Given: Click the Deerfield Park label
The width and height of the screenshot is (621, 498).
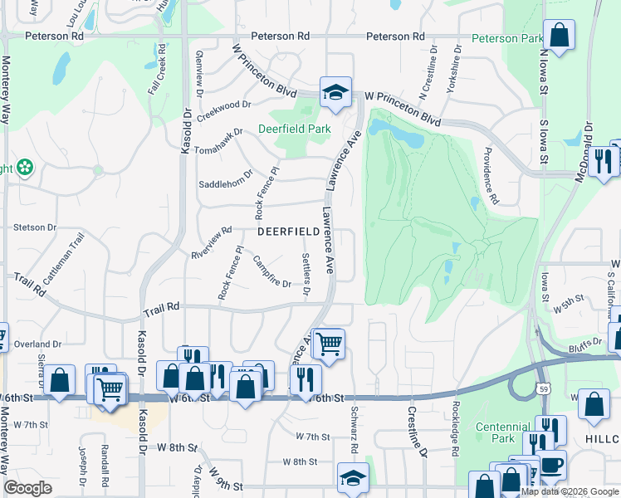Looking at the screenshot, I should [294, 129].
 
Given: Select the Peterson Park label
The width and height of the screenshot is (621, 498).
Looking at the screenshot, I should [507, 38].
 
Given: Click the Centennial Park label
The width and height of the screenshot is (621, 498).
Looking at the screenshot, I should [502, 432].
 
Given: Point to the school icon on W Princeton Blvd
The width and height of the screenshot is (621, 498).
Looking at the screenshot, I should [335, 92].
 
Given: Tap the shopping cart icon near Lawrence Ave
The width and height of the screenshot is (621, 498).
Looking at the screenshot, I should [329, 342].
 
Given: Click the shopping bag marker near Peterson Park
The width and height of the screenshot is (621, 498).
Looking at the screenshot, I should [560, 36].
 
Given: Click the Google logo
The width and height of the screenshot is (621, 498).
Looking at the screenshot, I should [27, 488].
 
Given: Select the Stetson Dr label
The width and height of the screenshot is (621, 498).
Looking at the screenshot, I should [34, 227].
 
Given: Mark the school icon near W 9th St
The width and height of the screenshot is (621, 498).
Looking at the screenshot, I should [353, 478].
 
